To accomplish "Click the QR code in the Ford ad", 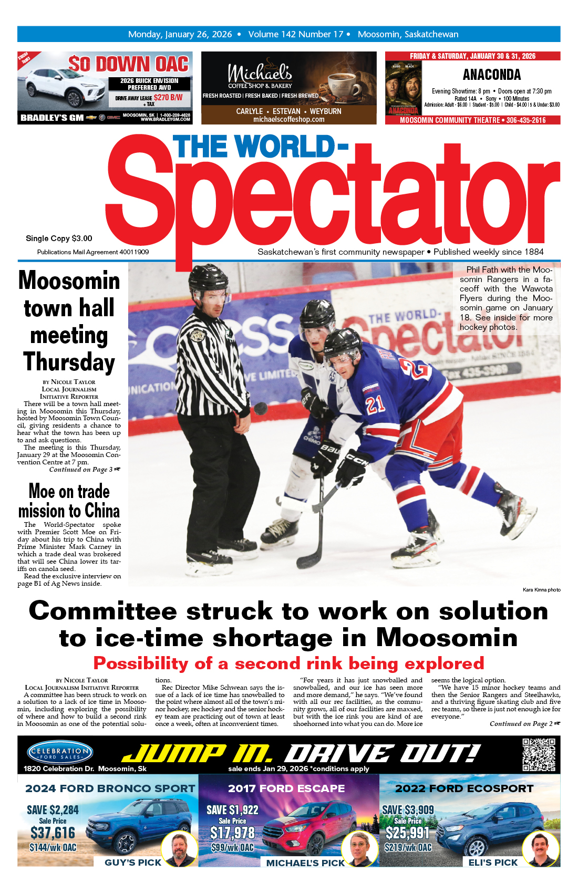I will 539,754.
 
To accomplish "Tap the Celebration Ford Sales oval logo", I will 60,753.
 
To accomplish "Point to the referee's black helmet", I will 209,278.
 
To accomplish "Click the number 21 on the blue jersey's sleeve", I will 375,404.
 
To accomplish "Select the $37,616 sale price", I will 53,833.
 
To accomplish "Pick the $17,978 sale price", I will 232,833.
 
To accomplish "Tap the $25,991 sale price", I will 408,833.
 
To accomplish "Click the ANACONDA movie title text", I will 492,75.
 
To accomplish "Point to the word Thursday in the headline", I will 69,362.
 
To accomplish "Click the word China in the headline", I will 102,511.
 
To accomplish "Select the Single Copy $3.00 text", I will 59,238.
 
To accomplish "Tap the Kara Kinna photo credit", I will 541,590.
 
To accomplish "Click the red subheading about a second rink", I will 288,663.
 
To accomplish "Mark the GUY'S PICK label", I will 133,863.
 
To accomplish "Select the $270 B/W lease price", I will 168,97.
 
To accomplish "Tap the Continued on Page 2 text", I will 524,724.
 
